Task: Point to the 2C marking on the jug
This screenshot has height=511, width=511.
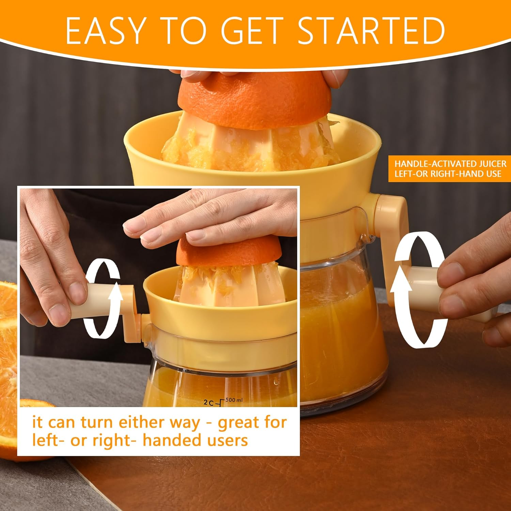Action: (208, 402)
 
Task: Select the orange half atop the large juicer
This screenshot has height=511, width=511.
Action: (254, 99)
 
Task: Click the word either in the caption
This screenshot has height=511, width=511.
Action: (143, 422)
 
